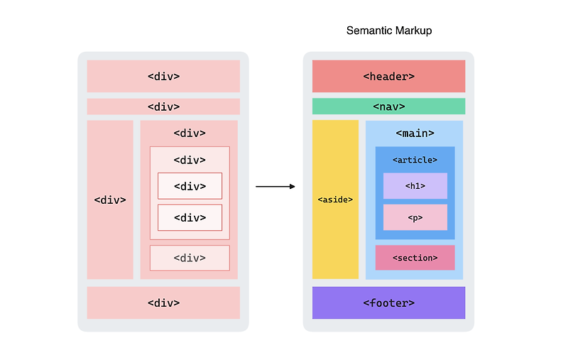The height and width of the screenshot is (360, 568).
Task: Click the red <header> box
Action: (388, 76)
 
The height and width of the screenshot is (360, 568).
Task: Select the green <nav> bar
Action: (388, 107)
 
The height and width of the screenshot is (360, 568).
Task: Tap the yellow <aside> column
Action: (335, 200)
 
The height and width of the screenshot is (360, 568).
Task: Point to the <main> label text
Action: (415, 133)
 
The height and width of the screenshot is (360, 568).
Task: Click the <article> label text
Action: (415, 160)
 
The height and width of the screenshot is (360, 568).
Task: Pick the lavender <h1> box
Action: (415, 186)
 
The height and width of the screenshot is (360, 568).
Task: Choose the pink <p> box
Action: (415, 217)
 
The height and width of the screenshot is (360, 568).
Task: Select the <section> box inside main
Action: (415, 258)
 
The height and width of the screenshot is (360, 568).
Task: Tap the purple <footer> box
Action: (388, 303)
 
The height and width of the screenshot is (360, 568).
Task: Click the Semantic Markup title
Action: (388, 31)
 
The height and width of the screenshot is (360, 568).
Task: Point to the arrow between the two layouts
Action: (275, 186)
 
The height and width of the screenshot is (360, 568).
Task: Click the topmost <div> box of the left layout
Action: (163, 76)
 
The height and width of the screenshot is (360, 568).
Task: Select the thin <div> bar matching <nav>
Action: (163, 107)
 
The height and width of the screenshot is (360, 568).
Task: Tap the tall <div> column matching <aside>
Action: (110, 200)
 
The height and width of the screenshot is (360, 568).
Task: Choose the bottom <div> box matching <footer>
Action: (163, 303)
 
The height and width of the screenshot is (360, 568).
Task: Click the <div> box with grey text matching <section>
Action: (190, 258)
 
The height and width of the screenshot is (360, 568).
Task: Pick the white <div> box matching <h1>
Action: (190, 186)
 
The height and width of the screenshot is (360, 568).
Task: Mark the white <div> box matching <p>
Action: (190, 217)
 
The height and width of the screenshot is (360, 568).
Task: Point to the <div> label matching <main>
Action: (190, 133)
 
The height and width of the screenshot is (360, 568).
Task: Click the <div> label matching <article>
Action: (190, 160)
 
